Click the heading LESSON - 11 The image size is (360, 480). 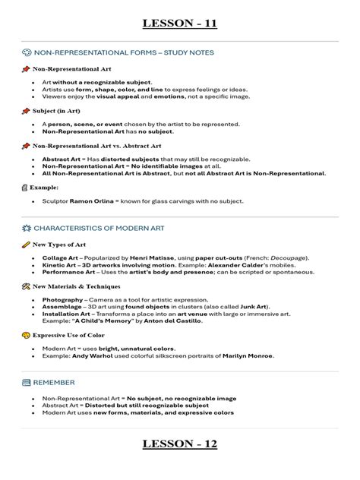click(180, 24)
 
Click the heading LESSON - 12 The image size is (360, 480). click(180, 443)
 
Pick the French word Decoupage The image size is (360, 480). click(289, 258)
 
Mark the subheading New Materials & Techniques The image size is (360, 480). click(76, 286)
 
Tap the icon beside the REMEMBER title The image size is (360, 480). click(27, 382)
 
